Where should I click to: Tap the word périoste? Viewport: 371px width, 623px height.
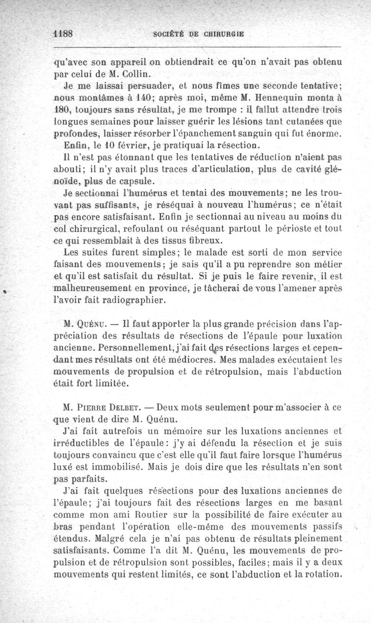pyautogui.click(x=301, y=229)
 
